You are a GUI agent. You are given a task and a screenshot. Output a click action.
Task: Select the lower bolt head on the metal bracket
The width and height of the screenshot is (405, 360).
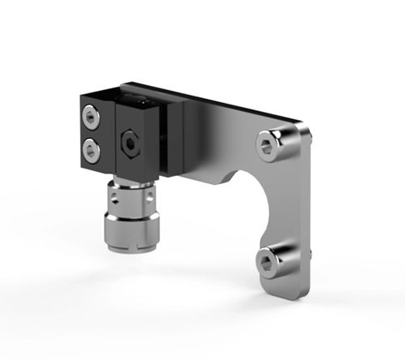point(269,260)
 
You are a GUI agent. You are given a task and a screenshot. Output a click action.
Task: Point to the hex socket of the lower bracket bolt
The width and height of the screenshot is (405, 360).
point(268,260)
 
